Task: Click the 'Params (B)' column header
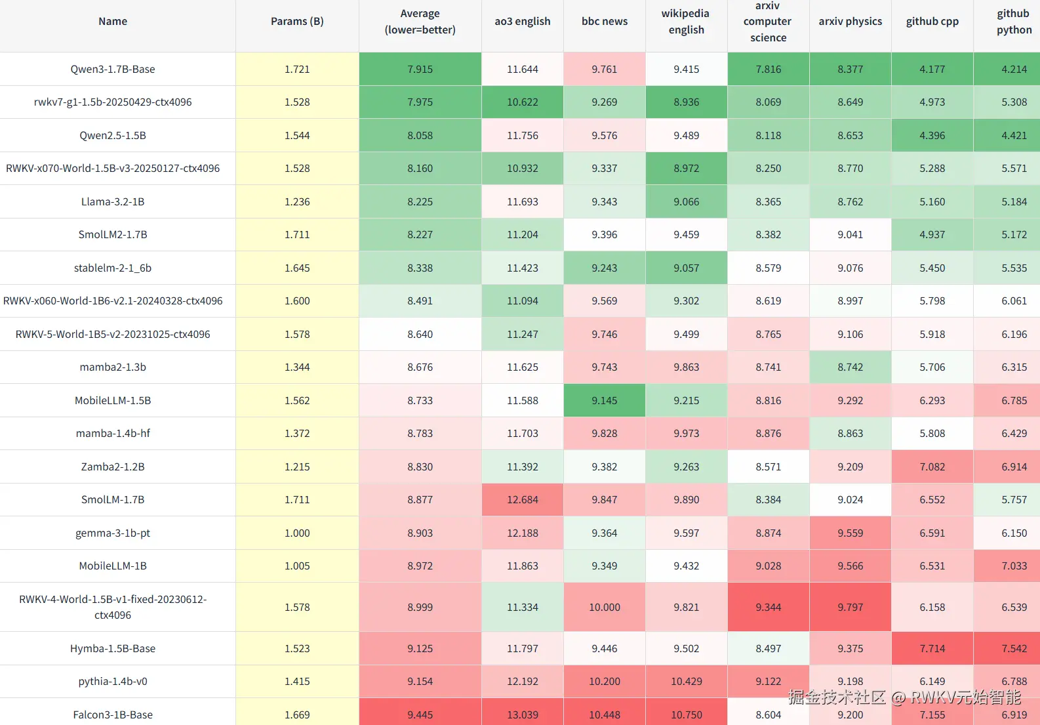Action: pyautogui.click(x=297, y=22)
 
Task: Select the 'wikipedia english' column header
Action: pyautogui.click(x=686, y=22)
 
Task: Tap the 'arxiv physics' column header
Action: pyautogui.click(x=850, y=22)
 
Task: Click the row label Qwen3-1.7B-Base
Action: pyautogui.click(x=113, y=70)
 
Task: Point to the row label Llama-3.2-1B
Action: pyautogui.click(x=113, y=202)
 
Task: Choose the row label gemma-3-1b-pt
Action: pyautogui.click(x=113, y=533)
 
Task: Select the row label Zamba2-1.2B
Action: pyautogui.click(x=113, y=467)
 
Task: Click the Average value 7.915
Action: pyautogui.click(x=420, y=70)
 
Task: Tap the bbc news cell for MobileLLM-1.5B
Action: pyautogui.click(x=604, y=401)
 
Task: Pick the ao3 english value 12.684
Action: pyautogui.click(x=522, y=500)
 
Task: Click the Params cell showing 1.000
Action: pyautogui.click(x=297, y=533)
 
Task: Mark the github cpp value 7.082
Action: pyautogui.click(x=932, y=467)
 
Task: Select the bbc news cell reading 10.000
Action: pyautogui.click(x=604, y=608)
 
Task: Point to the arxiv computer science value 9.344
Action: pyautogui.click(x=768, y=608)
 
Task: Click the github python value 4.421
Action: pyautogui.click(x=1014, y=136)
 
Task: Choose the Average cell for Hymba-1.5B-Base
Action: pyautogui.click(x=420, y=649)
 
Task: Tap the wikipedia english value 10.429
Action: pyautogui.click(x=686, y=682)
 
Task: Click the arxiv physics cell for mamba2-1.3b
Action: pyautogui.click(x=850, y=367)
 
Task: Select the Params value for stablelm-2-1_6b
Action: pyautogui.click(x=297, y=268)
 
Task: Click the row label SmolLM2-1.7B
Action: pyautogui.click(x=113, y=235)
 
